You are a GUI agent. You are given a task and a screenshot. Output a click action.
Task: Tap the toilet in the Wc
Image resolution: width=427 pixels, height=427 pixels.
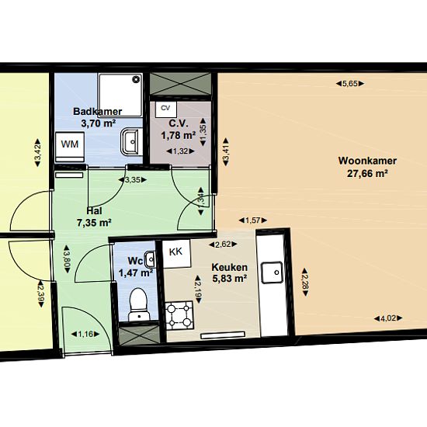(x=139, y=304)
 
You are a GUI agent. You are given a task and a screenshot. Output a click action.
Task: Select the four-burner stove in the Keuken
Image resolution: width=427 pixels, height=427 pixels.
(x=179, y=314)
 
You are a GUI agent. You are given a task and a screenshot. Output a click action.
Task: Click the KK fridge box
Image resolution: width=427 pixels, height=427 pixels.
(x=176, y=254)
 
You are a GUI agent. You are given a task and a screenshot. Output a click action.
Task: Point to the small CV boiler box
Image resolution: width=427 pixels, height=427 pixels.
(x=166, y=109)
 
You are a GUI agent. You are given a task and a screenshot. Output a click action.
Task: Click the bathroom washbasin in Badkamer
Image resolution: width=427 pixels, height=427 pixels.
(x=131, y=141)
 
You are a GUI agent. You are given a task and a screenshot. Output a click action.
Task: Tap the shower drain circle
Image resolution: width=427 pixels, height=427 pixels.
(x=136, y=79)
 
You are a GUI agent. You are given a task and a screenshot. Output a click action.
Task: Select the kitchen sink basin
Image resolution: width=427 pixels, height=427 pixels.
(x=272, y=273)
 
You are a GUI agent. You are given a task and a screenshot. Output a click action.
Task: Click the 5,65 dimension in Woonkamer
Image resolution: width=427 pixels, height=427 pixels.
(x=349, y=84)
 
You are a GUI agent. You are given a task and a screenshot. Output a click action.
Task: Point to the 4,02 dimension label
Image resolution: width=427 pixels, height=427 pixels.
(x=388, y=318)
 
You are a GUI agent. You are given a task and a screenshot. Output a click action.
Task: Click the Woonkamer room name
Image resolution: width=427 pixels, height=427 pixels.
(x=367, y=161)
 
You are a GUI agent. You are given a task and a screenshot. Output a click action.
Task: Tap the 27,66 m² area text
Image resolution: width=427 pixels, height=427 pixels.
(x=367, y=173)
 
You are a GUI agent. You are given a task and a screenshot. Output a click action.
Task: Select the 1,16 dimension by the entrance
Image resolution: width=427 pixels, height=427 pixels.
(x=85, y=334)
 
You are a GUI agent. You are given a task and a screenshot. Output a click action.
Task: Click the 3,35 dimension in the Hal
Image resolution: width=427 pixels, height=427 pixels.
(x=133, y=180)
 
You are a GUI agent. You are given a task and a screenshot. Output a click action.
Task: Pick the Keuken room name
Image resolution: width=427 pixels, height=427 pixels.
(x=230, y=267)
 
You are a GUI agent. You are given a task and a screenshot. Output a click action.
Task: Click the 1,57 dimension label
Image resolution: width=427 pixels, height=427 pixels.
(x=253, y=220)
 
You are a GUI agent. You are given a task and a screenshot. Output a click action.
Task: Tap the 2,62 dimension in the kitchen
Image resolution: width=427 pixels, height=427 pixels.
(x=223, y=245)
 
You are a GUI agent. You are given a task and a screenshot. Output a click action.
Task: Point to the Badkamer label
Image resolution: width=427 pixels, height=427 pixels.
(x=98, y=111)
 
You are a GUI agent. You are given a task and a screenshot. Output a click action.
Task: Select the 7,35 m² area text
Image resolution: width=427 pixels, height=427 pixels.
(x=94, y=223)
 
